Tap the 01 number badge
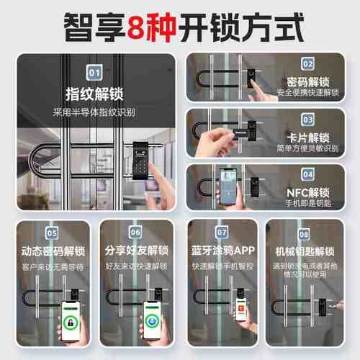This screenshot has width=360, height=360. (x=94, y=72)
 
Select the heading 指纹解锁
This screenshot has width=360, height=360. (x=94, y=94)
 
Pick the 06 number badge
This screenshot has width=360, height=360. (x=135, y=233)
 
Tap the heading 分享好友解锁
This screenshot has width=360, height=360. (x=135, y=251)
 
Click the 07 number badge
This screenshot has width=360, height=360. (x=222, y=233)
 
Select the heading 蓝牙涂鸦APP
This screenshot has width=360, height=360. (x=222, y=251)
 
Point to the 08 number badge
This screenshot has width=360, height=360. (x=307, y=233)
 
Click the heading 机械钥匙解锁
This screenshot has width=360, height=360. (x=307, y=251)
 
